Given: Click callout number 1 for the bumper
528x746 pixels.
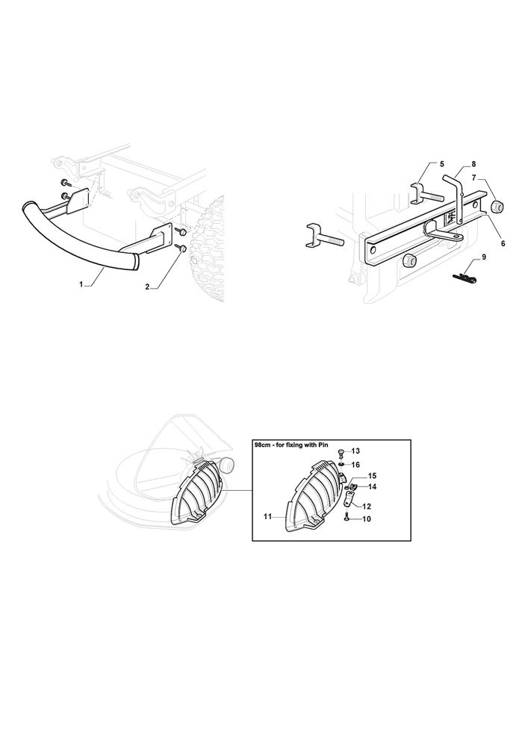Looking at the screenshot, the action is (x=81, y=284).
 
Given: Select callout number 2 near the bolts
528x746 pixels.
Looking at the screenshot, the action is (x=147, y=286).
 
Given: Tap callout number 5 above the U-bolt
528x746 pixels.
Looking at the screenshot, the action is (x=442, y=164).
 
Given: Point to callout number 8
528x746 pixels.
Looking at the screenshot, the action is (x=473, y=164).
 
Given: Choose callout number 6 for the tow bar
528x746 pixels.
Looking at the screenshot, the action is (x=503, y=243).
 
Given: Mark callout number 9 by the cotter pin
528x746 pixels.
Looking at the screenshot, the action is (x=484, y=257).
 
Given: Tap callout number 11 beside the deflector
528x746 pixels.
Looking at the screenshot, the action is (x=267, y=516).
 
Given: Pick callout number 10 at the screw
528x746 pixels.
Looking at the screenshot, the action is (x=366, y=519).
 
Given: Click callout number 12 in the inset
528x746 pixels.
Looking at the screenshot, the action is (x=366, y=507).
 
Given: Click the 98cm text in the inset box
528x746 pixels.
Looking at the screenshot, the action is (x=262, y=444).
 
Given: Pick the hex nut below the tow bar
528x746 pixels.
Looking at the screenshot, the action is (x=408, y=260).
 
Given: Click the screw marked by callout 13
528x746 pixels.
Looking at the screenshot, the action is (x=341, y=451).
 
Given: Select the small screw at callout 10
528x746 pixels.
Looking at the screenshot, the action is (x=346, y=519).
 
